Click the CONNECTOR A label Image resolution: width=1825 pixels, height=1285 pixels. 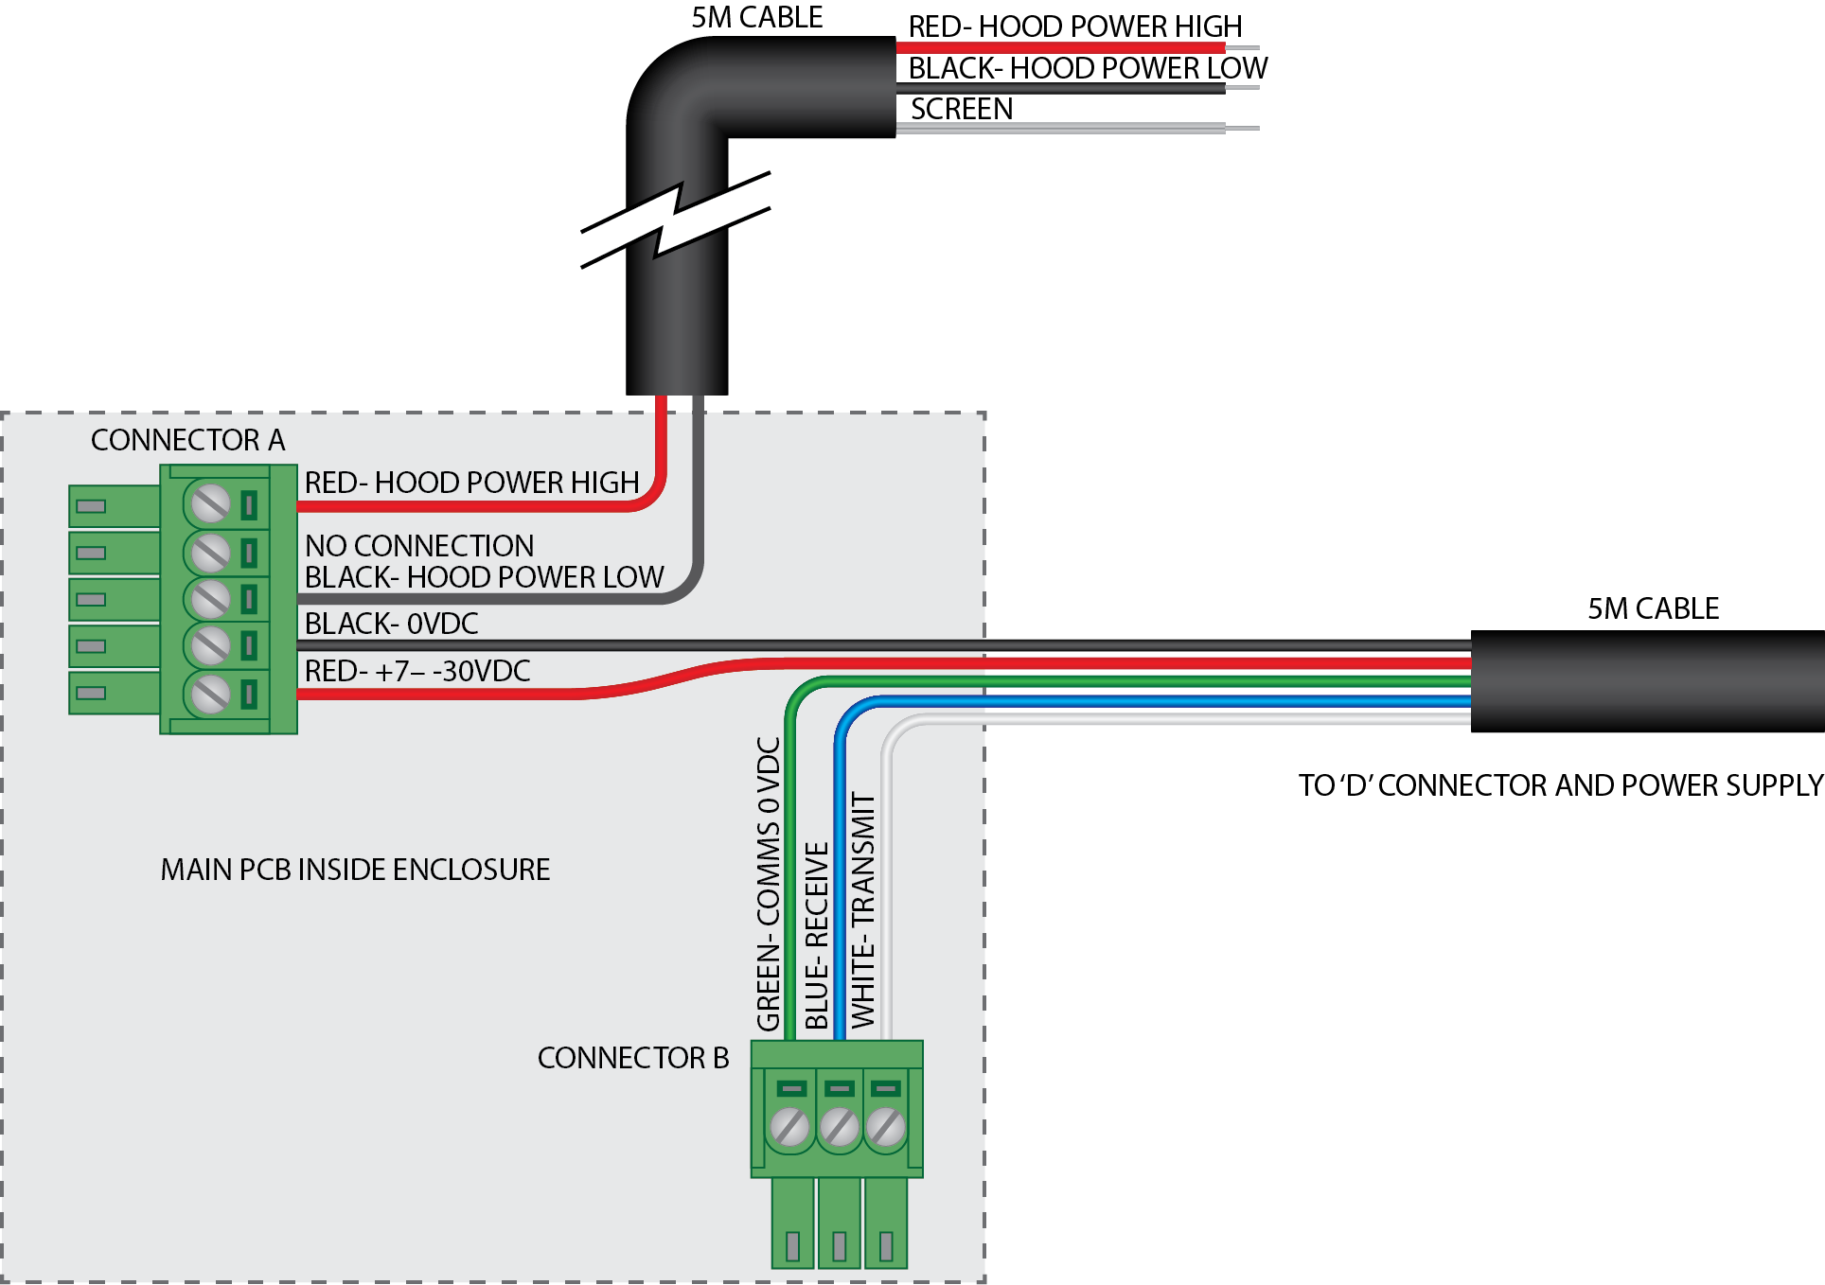[187, 440]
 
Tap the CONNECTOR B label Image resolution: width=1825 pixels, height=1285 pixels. [632, 1058]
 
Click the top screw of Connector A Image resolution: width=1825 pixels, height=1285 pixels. [210, 503]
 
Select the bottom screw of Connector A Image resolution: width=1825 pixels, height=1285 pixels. [210, 694]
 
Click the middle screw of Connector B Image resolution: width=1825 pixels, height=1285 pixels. [839, 1127]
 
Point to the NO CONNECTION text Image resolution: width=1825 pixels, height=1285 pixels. [419, 546]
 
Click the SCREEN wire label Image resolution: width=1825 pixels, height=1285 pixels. [961, 110]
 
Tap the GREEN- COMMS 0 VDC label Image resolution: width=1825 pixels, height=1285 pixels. [769, 884]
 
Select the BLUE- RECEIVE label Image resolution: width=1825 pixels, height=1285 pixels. [816, 935]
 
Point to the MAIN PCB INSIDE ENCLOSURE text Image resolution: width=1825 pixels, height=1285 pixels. [355, 870]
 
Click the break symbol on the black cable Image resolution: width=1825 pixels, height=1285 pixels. [676, 220]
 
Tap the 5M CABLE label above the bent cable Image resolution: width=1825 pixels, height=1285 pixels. [756, 18]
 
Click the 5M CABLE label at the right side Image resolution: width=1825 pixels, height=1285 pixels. [1653, 608]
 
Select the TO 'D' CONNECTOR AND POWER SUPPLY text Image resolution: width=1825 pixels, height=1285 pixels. [1560, 785]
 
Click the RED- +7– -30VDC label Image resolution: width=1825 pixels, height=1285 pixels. [416, 671]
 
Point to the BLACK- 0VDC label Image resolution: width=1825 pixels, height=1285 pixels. [391, 624]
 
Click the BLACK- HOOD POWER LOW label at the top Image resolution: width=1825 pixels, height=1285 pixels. [1088, 68]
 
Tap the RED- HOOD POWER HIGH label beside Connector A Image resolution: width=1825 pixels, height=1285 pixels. [471, 483]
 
